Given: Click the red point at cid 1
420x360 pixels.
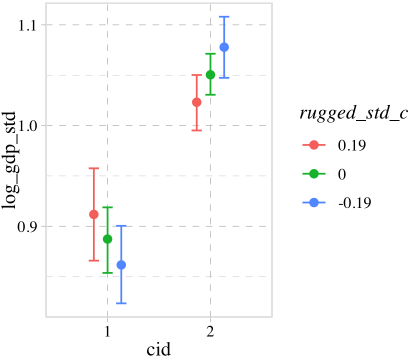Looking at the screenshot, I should (x=93, y=214).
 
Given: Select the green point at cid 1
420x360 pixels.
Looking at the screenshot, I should (x=107, y=239).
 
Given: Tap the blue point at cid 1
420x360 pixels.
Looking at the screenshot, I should (x=121, y=265).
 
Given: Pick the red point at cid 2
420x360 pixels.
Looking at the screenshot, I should (x=196, y=102).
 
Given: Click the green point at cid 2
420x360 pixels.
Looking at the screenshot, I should (x=210, y=75).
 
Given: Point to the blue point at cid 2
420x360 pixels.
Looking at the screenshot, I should (x=224, y=47).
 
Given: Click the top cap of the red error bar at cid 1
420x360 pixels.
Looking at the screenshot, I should (x=93, y=168).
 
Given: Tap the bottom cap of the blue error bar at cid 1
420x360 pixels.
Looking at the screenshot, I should (x=121, y=303).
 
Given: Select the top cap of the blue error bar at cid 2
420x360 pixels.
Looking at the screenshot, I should (x=224, y=16).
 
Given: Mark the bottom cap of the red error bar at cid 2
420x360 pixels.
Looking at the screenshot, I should (x=196, y=130).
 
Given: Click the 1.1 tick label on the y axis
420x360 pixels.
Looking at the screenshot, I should (x=28, y=25).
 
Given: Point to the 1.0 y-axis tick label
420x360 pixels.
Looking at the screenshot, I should (x=28, y=125).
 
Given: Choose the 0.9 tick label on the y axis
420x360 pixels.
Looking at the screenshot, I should (x=28, y=226).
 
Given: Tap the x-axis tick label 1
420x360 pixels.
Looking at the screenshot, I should (x=107, y=331).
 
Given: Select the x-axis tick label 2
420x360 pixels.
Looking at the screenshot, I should (x=210, y=331).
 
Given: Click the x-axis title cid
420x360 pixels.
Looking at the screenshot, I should (x=159, y=349).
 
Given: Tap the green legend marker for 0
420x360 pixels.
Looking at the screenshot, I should (x=314, y=173).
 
